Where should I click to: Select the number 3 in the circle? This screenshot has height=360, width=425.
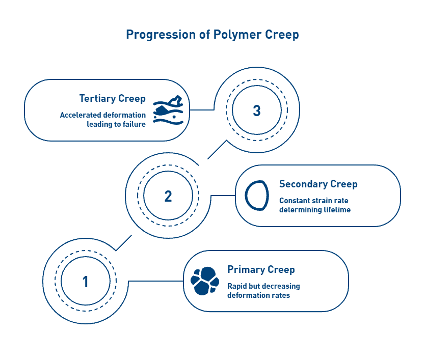pyautogui.click(x=257, y=110)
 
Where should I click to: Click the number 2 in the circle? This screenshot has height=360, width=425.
pyautogui.click(x=168, y=196)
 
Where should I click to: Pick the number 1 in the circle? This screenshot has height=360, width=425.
pyautogui.click(x=85, y=282)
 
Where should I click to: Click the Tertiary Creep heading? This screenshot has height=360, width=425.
pyautogui.click(x=112, y=98)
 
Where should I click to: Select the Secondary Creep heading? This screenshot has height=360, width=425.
pyautogui.click(x=318, y=184)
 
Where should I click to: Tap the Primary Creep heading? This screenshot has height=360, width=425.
pyautogui.click(x=261, y=269)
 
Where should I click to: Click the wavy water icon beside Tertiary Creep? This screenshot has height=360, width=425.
pyautogui.click(x=168, y=110)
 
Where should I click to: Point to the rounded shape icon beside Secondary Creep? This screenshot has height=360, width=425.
pyautogui.click(x=256, y=196)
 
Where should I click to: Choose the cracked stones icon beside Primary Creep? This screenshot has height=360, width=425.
pyautogui.click(x=204, y=281)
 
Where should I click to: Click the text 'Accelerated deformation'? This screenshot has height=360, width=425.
pyautogui.click(x=103, y=115)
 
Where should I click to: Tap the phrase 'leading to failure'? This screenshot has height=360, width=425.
pyautogui.click(x=116, y=124)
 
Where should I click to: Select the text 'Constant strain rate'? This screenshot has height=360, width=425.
pyautogui.click(x=314, y=201)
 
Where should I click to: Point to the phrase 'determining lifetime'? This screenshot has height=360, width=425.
pyautogui.click(x=315, y=209)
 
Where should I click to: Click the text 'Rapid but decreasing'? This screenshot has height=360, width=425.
pyautogui.click(x=263, y=286)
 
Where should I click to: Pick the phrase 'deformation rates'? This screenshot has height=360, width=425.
pyautogui.click(x=258, y=295)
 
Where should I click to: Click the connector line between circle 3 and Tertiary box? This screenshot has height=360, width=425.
pyautogui.click(x=202, y=110)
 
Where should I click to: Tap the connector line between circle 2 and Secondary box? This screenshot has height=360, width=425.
pyautogui.click(x=223, y=196)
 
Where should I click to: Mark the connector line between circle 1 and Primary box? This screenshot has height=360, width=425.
pyautogui.click(x=155, y=281)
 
